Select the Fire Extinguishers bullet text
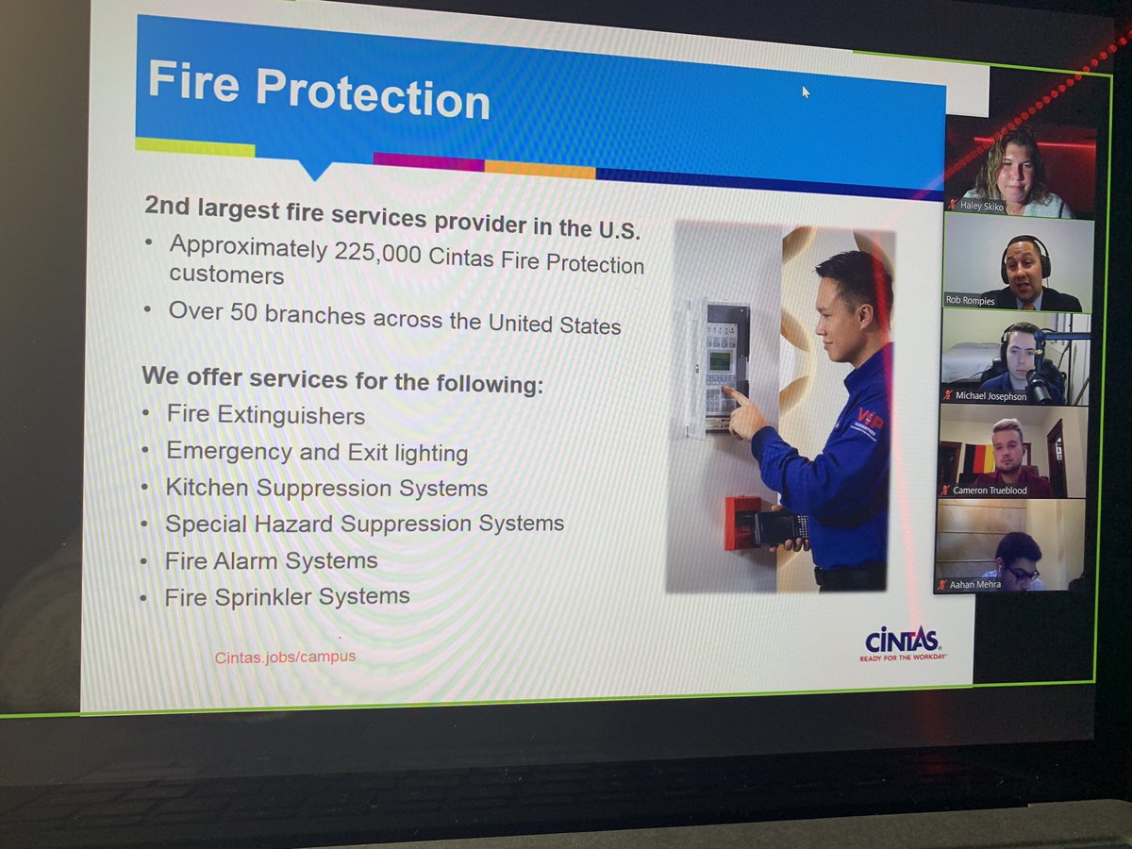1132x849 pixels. (265, 414)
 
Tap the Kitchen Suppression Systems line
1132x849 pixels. (326, 488)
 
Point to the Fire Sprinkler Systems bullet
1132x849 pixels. (287, 596)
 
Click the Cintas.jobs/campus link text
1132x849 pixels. (285, 656)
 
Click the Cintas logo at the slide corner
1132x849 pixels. (902, 642)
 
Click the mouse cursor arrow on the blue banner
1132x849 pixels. (806, 92)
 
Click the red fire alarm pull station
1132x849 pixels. (742, 522)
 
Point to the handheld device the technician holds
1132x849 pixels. (779, 527)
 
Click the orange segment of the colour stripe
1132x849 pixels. (540, 170)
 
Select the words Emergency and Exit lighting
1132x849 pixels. (317, 452)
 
